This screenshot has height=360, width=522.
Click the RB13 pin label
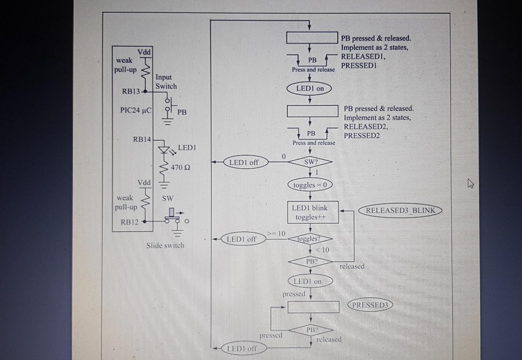(x=131, y=91)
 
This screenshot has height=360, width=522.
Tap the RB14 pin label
(x=142, y=139)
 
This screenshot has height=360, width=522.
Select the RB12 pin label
(x=129, y=222)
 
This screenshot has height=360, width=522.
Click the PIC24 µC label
(x=135, y=110)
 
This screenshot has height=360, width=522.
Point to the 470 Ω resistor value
(x=180, y=167)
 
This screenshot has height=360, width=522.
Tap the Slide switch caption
(x=165, y=246)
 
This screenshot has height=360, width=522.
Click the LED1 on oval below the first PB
(x=310, y=89)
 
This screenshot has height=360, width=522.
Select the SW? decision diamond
(x=311, y=162)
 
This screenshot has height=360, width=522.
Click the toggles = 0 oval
(x=310, y=185)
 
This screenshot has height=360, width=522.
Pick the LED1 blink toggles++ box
(x=313, y=212)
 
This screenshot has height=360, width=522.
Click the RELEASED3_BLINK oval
(x=400, y=211)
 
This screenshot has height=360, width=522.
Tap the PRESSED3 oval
(x=370, y=305)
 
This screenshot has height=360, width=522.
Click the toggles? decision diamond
(x=310, y=239)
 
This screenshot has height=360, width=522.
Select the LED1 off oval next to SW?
(x=244, y=162)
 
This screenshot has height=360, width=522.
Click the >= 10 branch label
(x=277, y=234)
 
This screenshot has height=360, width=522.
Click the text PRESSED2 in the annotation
(x=362, y=136)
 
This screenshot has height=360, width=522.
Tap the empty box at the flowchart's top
(x=312, y=37)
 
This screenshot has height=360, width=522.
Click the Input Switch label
(x=166, y=82)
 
